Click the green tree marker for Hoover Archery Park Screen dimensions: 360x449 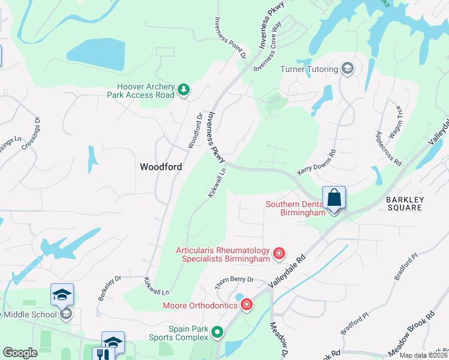pos(184,91)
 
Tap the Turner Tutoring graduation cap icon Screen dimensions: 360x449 pos(347,69)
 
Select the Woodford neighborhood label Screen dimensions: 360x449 pos(161,167)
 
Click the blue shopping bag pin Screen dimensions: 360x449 pos(334,199)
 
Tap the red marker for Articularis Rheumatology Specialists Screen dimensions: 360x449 pos(279,254)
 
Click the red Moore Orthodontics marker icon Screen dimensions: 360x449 pos(246,306)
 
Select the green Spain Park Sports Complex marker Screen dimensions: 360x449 pos(218,331)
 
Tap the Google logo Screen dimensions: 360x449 pos(20,353)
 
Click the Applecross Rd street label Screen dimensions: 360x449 pos(388,148)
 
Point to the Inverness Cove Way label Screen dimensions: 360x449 pos(268,47)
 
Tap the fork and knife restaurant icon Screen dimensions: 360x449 pos(99,353)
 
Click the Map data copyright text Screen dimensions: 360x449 pos(423,355)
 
